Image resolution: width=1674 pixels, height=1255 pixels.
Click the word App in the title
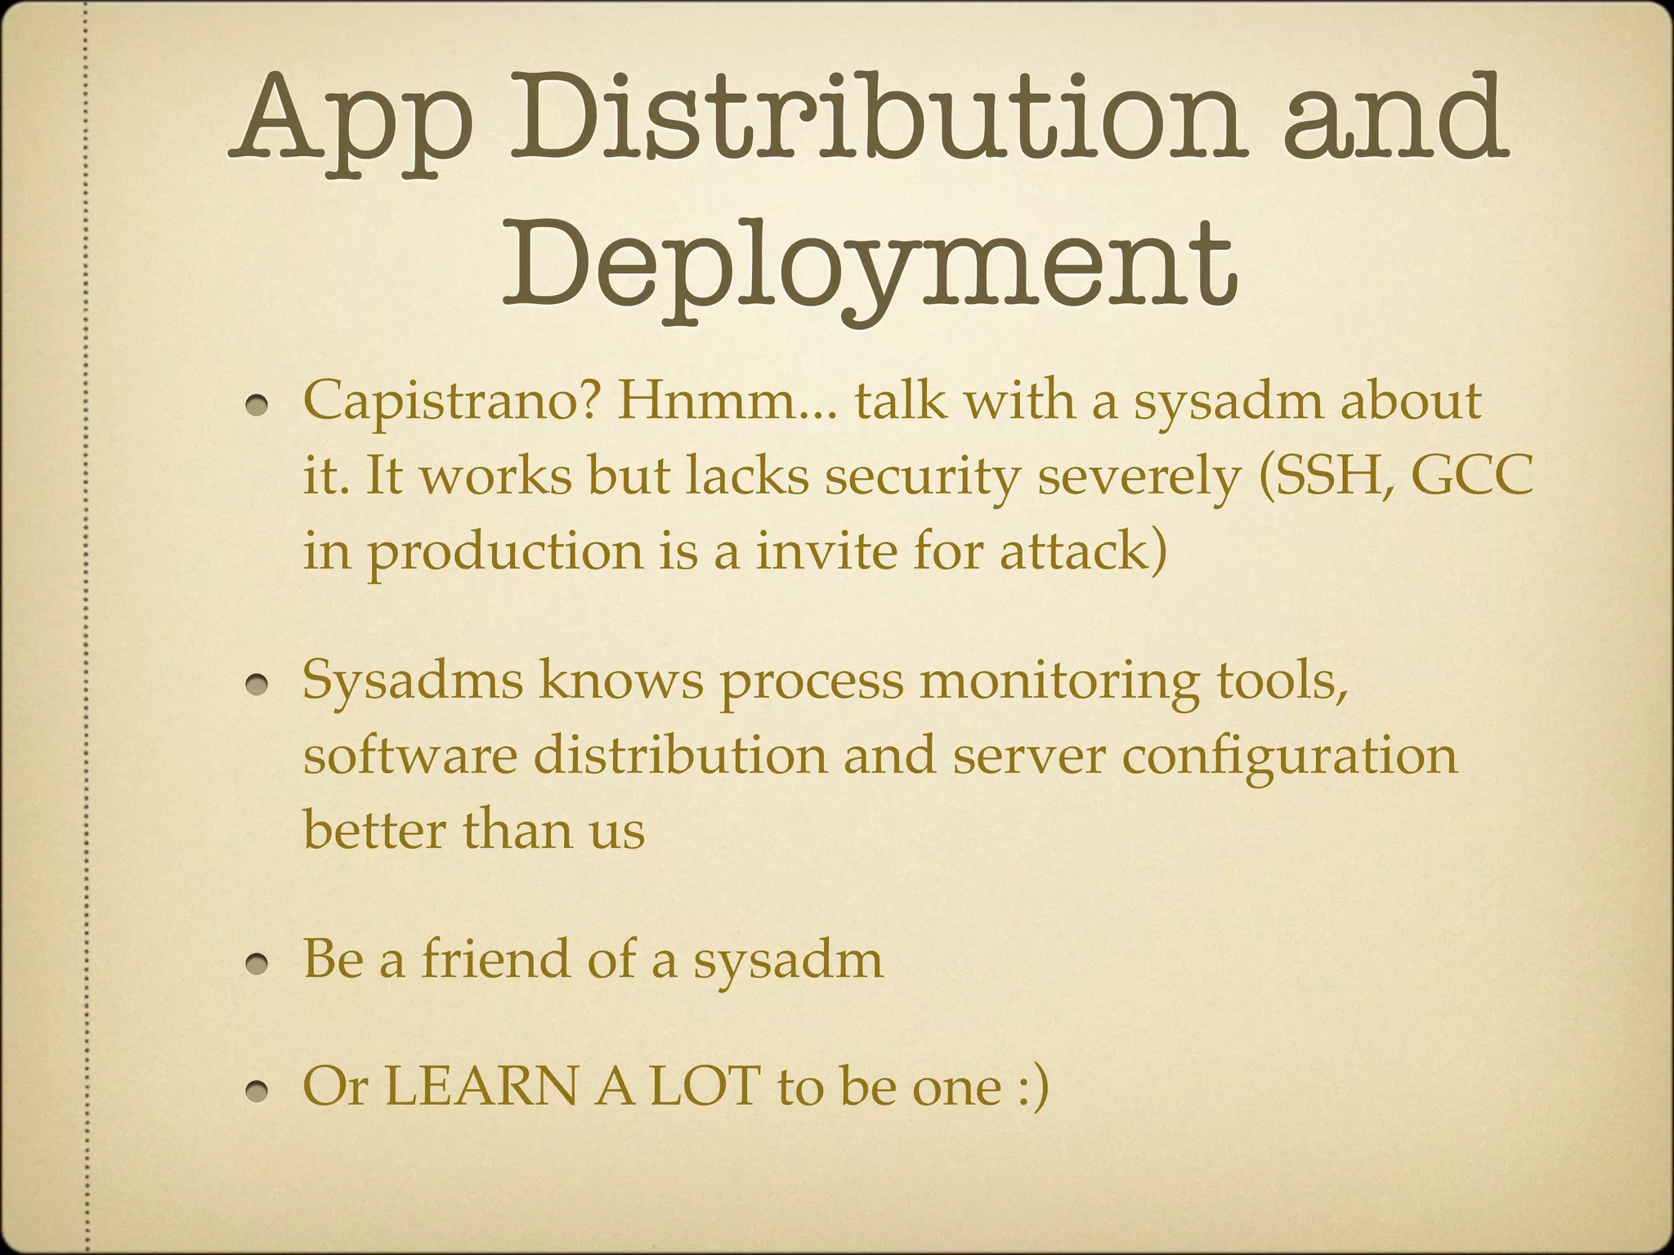click(351, 123)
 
